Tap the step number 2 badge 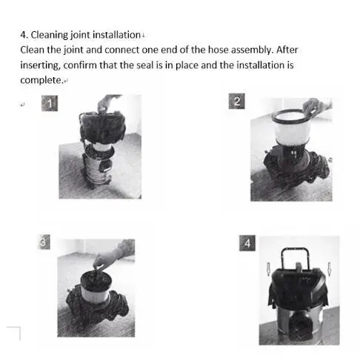[236, 102]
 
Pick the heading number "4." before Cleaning [22, 35]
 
